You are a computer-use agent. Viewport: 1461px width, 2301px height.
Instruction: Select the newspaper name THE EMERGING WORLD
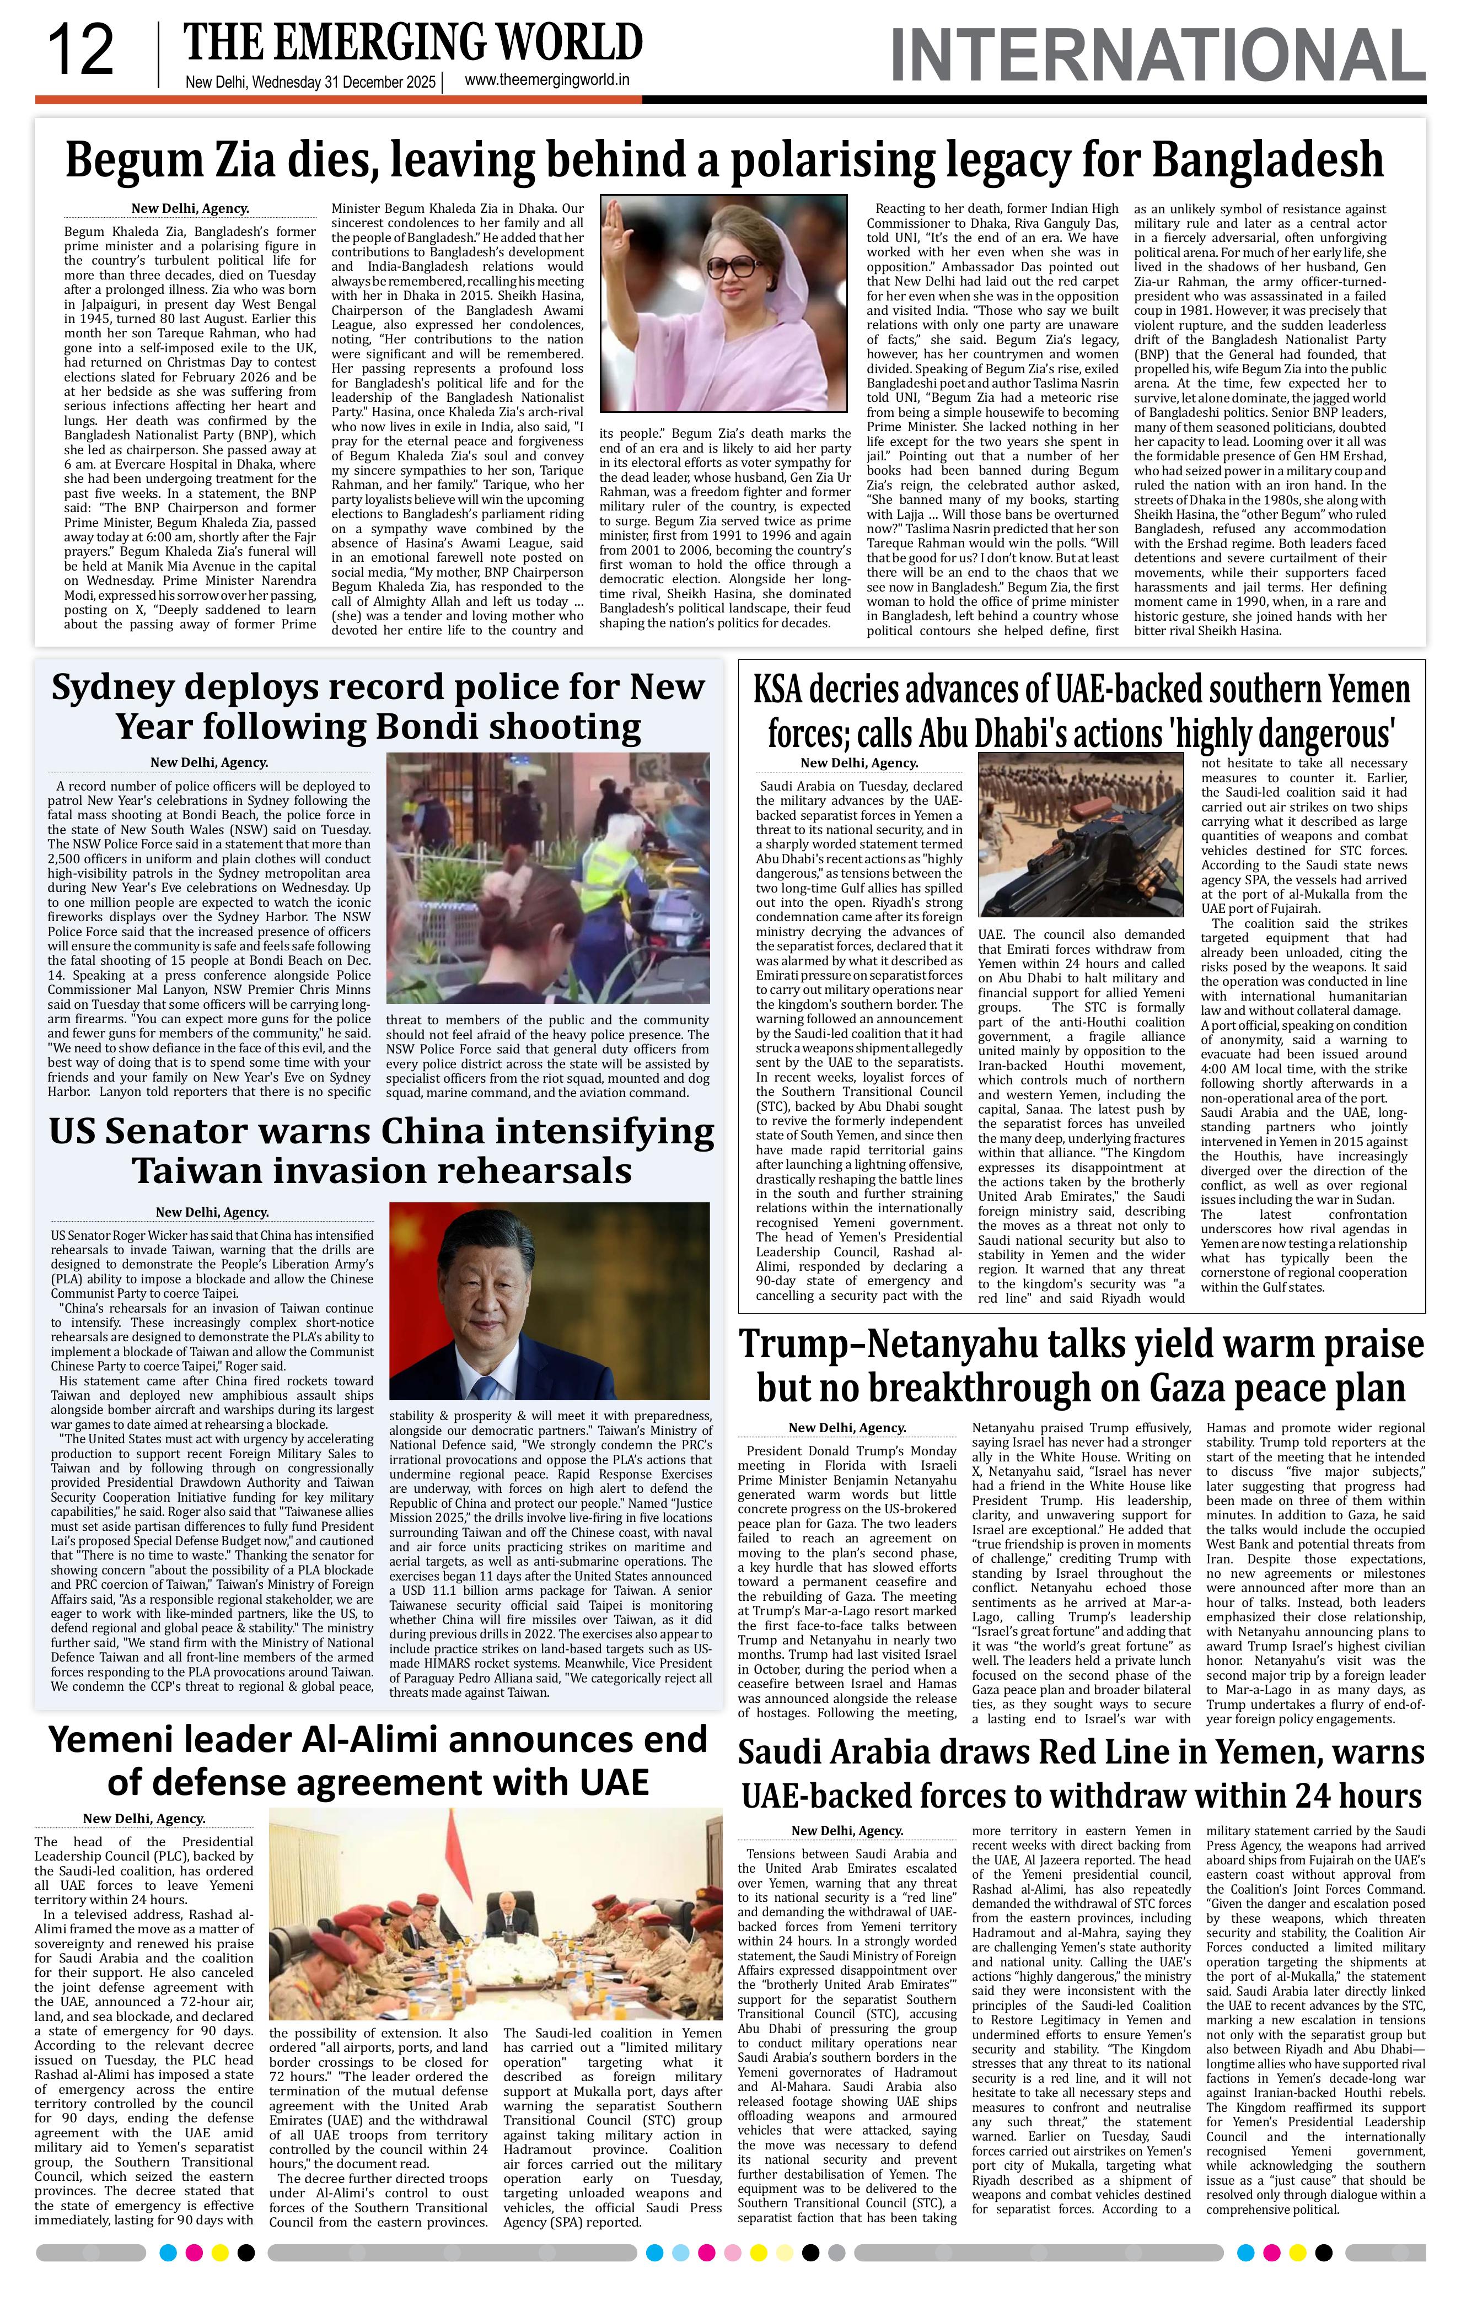pos(413,43)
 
